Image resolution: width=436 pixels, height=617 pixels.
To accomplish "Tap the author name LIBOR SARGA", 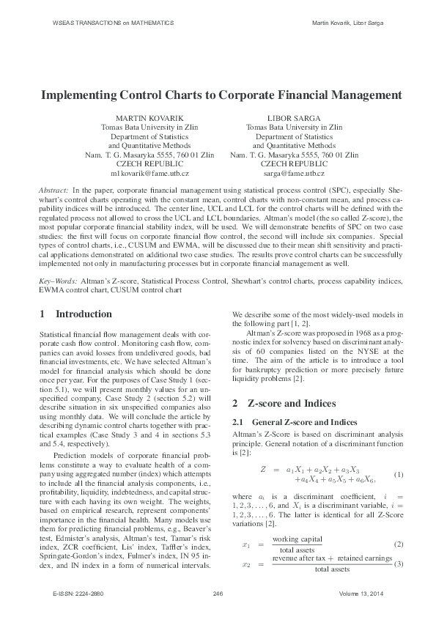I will pos(294,117).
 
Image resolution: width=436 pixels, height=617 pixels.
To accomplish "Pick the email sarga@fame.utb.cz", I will pos(294,174).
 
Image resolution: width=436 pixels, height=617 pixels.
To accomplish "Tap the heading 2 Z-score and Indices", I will pos(281,404).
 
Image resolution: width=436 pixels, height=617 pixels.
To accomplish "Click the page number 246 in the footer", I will pos(218,591).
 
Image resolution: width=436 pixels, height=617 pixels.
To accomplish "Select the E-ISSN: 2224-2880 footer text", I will pos(73,591).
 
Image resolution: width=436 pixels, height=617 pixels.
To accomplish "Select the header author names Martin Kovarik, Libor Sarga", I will pos(347,23).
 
